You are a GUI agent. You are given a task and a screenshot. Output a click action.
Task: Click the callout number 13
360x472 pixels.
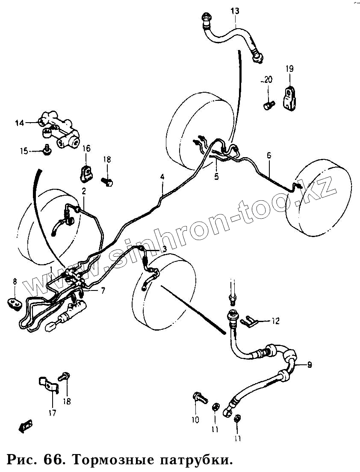pyautogui.click(x=236, y=11)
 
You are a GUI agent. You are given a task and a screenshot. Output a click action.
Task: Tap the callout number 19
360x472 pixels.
pyautogui.click(x=289, y=68)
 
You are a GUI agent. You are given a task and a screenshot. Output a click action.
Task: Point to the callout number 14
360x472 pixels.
pyautogui.click(x=20, y=123)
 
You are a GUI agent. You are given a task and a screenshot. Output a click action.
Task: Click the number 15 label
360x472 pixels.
pyautogui.click(x=24, y=151)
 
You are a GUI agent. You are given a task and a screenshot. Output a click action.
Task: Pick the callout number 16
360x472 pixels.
pyautogui.click(x=86, y=149)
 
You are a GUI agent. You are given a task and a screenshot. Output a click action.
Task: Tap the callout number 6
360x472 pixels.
pyautogui.click(x=269, y=155)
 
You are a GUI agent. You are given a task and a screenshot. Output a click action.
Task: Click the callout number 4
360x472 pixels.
pyautogui.click(x=162, y=176)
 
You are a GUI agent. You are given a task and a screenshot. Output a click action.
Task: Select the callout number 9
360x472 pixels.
pyautogui.click(x=310, y=364)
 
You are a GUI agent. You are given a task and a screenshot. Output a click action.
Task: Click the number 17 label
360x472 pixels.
pyautogui.click(x=52, y=413)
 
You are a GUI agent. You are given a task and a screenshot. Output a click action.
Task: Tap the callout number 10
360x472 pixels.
pyautogui.click(x=195, y=420)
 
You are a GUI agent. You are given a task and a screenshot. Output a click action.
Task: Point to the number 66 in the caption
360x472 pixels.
pyautogui.click(x=53, y=460)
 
